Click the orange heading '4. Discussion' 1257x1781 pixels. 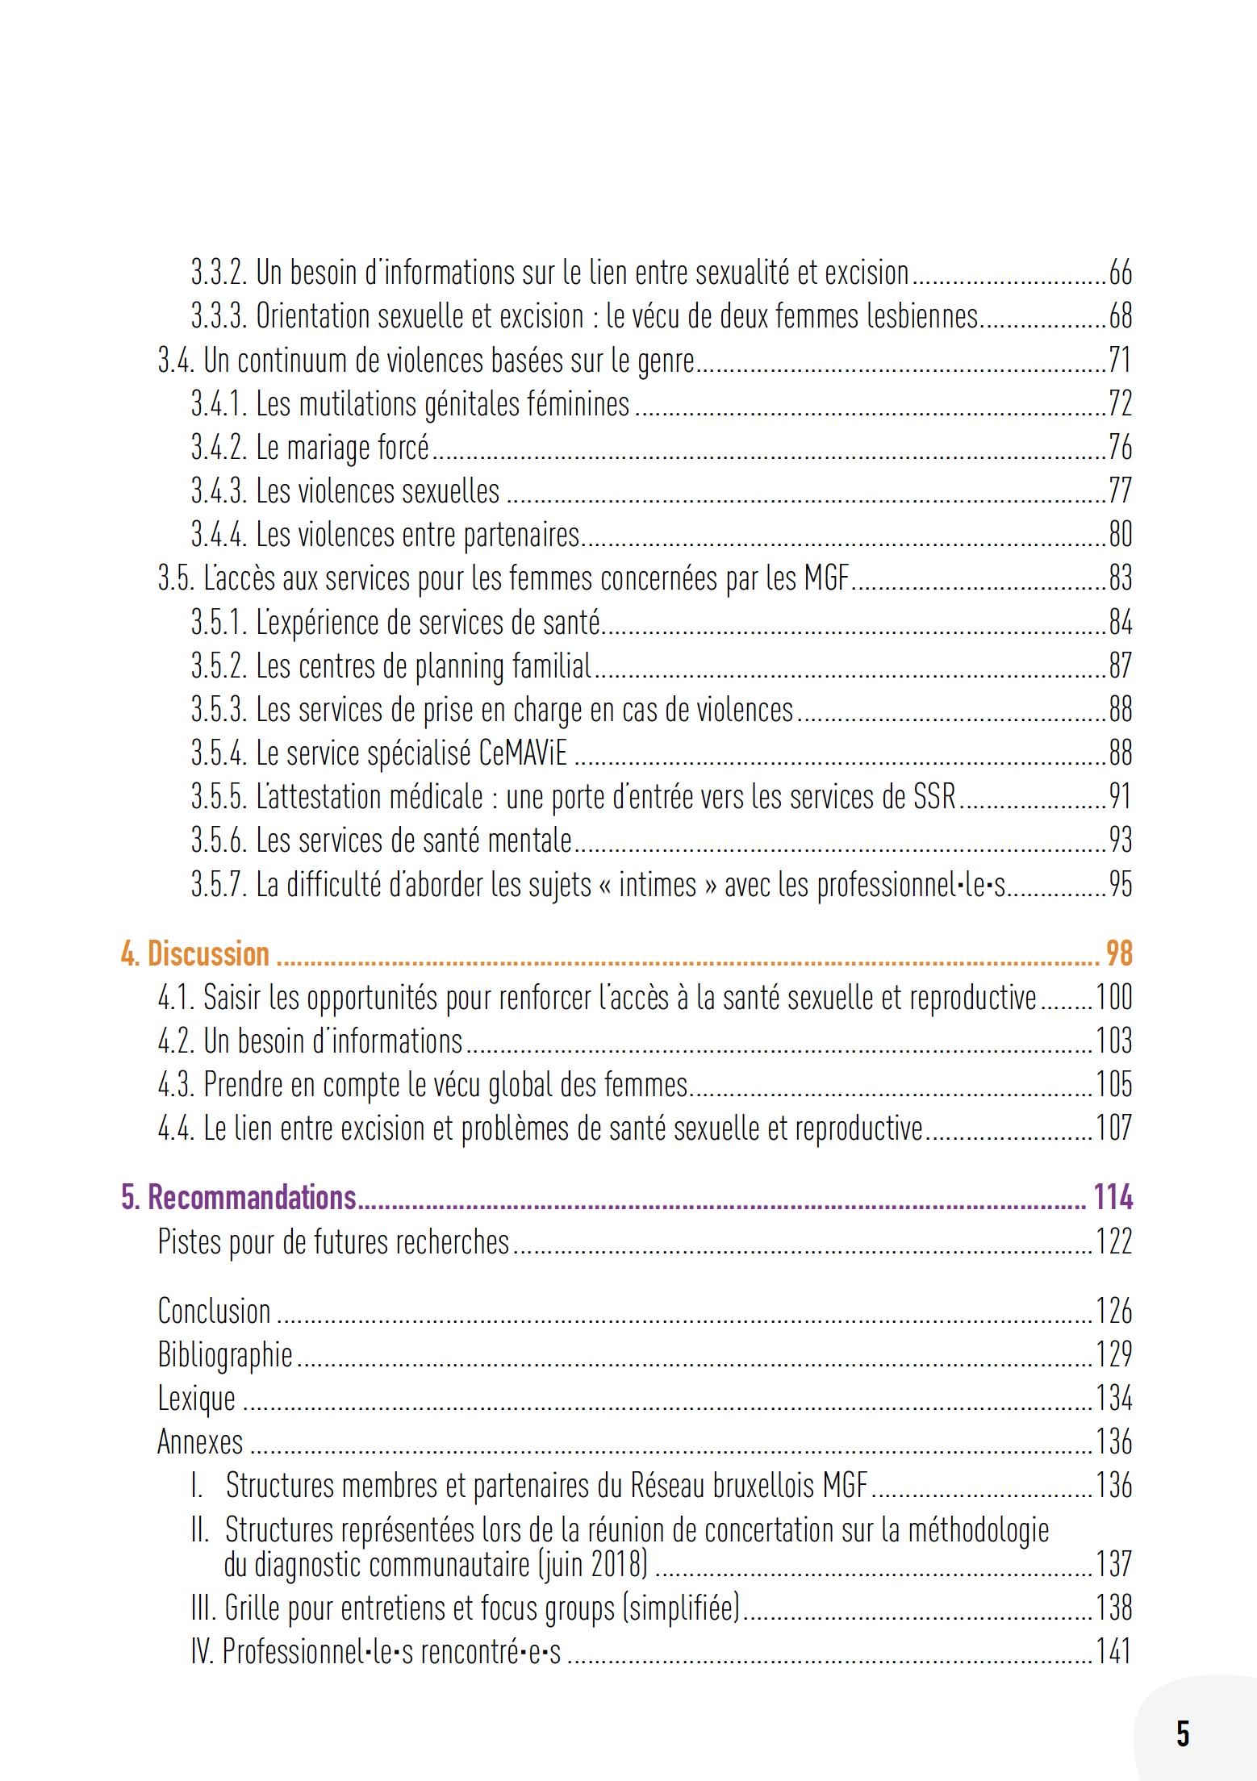tap(194, 953)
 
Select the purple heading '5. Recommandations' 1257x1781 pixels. tap(238, 1197)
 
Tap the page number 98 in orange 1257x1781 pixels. tap(1118, 953)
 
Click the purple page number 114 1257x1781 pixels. tap(1113, 1197)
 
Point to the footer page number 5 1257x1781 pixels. tap(1183, 1733)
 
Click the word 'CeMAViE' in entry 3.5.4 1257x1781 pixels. tap(523, 753)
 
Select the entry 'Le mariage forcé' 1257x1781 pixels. tap(342, 448)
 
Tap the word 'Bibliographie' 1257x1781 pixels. tap(225, 1355)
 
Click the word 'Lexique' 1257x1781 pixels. tap(196, 1399)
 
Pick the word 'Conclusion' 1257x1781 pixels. tap(214, 1312)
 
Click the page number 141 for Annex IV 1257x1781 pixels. tap(1113, 1651)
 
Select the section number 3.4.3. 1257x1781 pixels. tap(218, 491)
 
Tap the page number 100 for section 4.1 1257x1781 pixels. tap(1113, 998)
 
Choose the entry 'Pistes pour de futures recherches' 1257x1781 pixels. tap(333, 1242)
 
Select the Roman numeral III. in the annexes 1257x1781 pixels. tap(204, 1608)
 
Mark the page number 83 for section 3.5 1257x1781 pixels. tap(1120, 578)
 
